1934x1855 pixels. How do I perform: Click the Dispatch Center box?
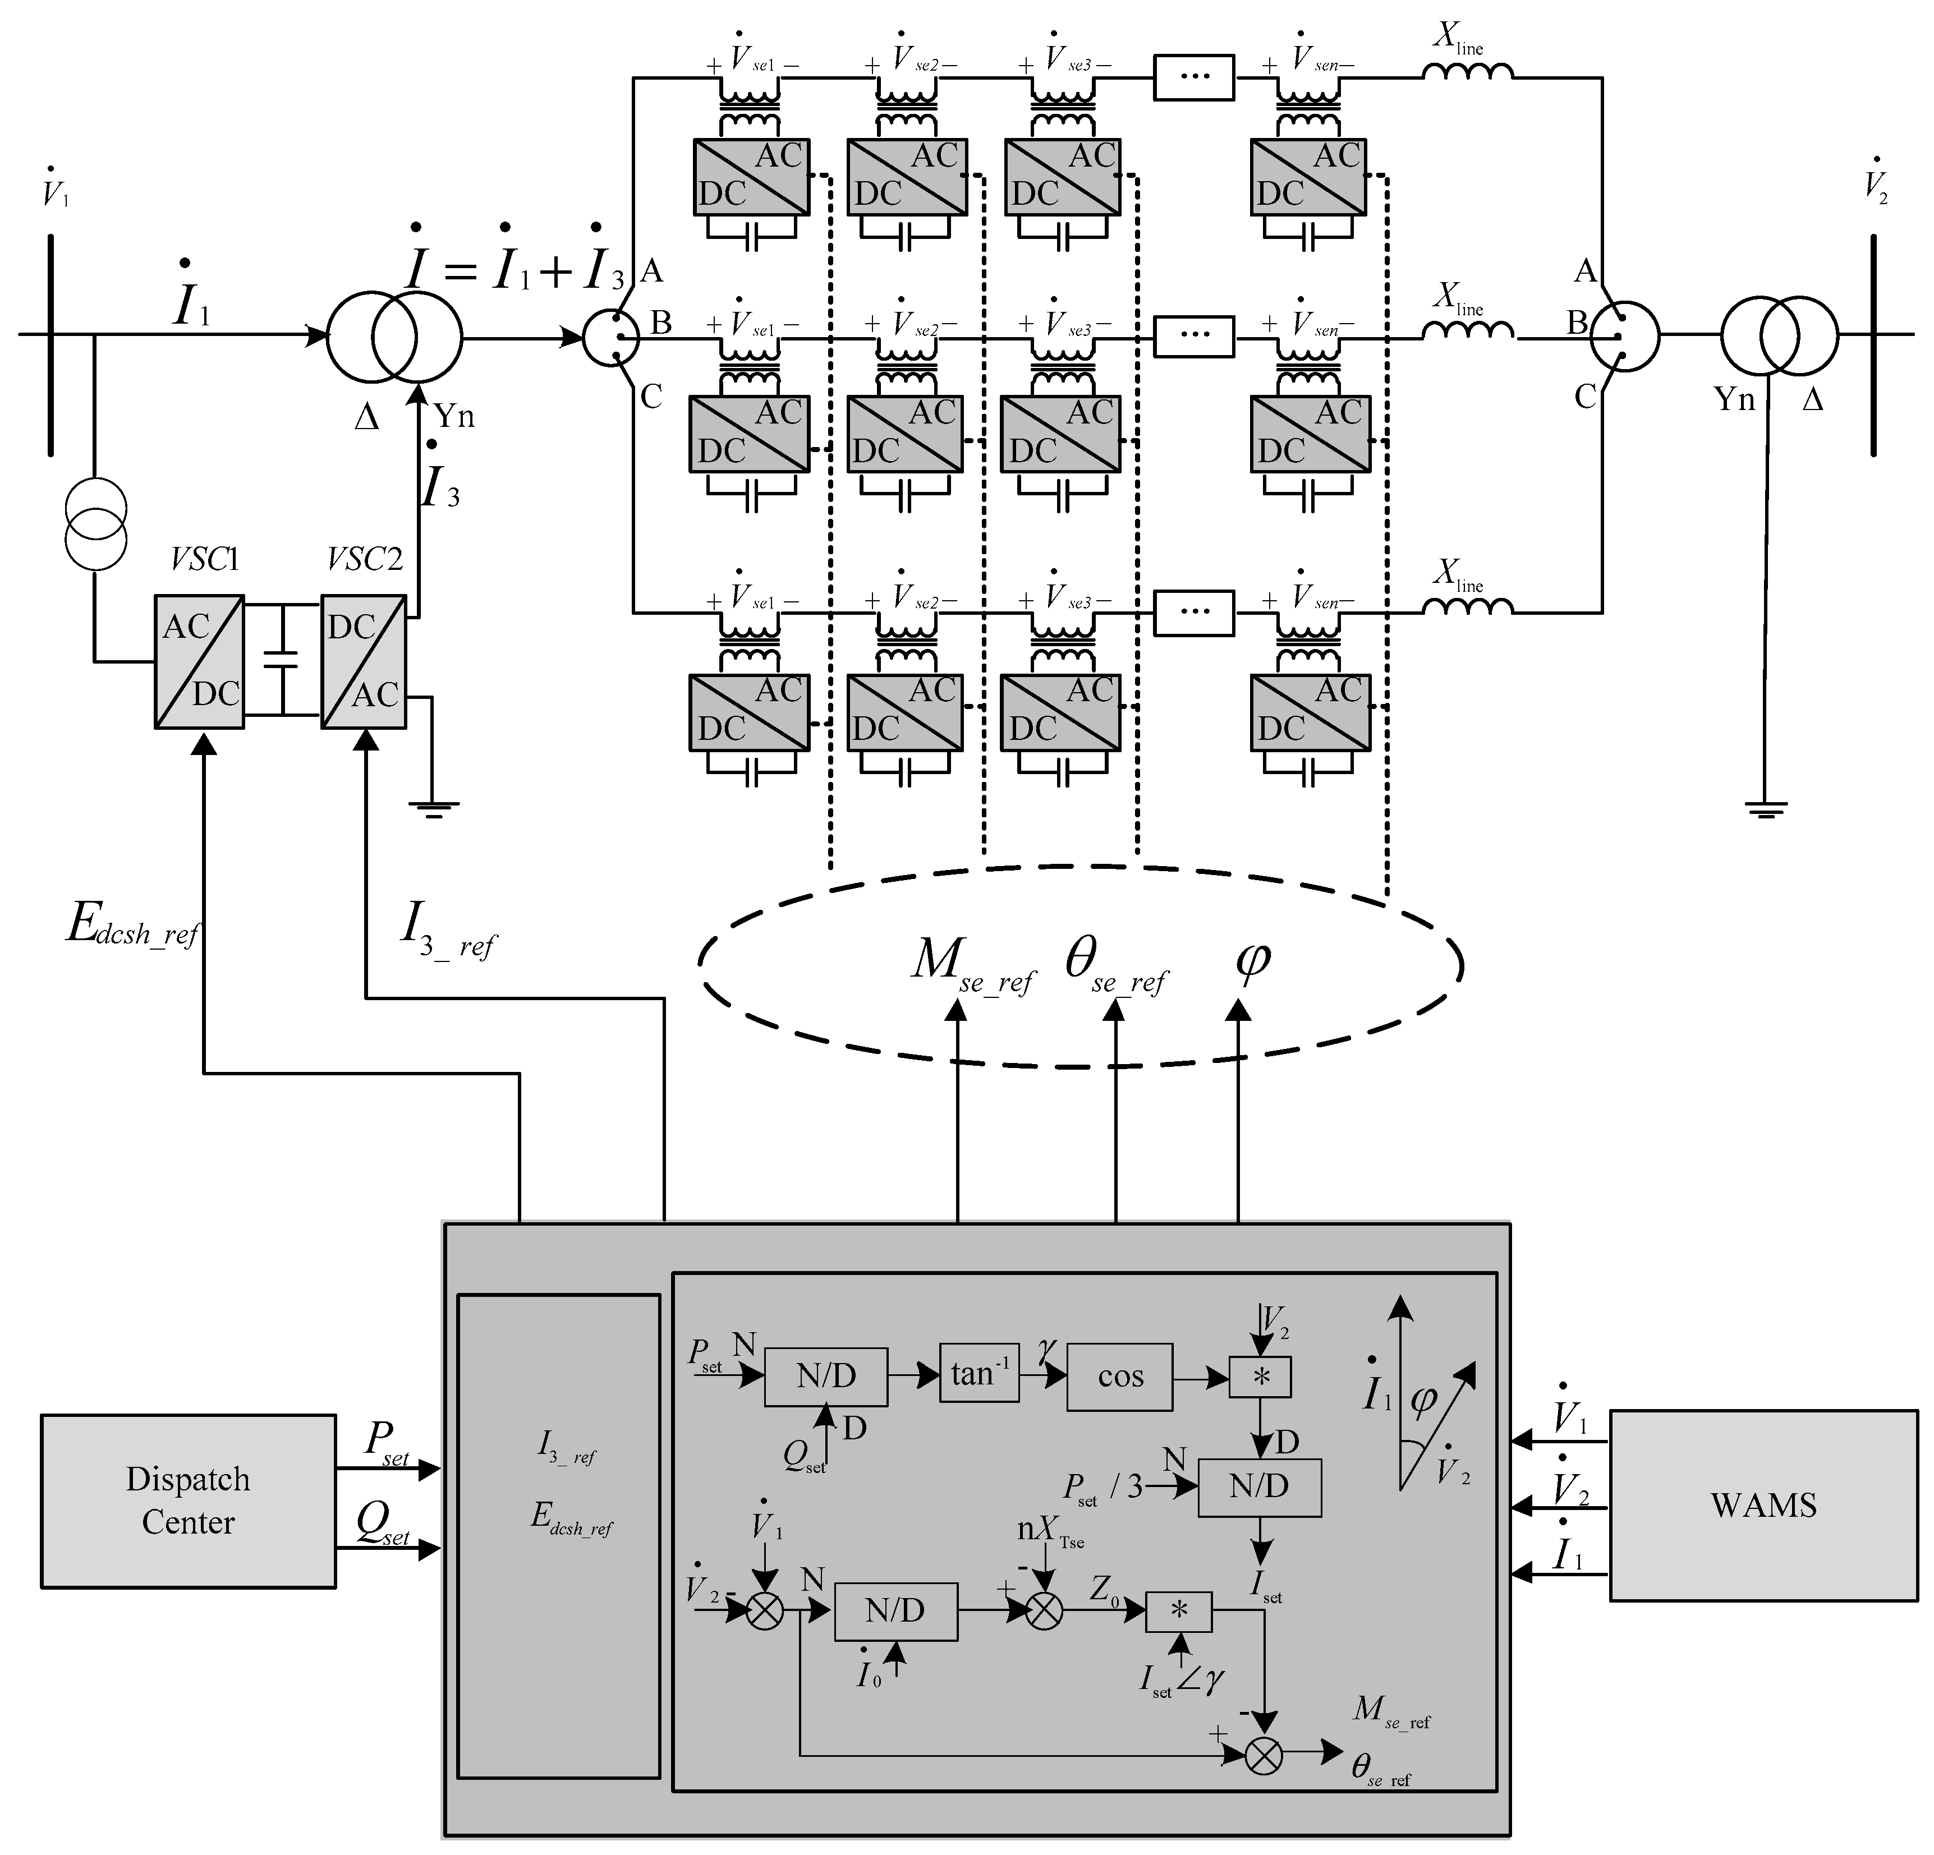click(x=187, y=1500)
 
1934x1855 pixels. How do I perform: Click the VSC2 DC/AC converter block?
click(x=363, y=661)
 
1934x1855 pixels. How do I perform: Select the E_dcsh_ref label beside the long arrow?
click(x=132, y=928)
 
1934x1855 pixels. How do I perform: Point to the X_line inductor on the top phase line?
click(x=1467, y=72)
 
